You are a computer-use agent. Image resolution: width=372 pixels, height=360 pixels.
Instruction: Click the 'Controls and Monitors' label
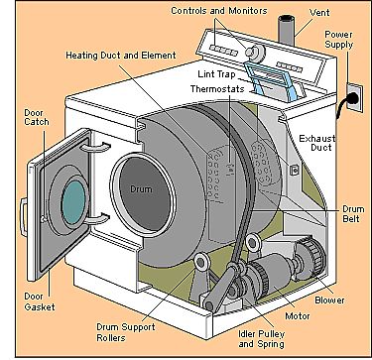coord(219,11)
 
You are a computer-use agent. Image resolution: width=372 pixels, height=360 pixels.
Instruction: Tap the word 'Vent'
coord(319,13)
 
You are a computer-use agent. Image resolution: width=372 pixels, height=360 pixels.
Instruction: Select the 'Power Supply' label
coord(338,40)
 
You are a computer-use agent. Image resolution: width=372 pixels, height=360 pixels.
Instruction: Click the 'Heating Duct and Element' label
coord(121,55)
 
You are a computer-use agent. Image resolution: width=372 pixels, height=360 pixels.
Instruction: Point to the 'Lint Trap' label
coord(216,74)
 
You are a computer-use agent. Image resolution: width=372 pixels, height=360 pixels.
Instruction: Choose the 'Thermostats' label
coord(217,89)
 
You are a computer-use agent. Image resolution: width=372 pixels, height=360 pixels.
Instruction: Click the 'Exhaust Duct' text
coord(317,143)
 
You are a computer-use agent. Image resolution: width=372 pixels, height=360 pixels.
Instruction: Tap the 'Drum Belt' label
coord(353,214)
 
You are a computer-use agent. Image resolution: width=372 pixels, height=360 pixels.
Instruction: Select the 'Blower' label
coord(329,300)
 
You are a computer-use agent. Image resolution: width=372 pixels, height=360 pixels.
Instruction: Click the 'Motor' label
coord(298,316)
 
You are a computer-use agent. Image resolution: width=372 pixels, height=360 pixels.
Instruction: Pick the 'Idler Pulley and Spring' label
coord(262,339)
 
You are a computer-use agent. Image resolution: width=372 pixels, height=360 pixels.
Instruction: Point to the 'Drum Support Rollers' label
coord(126,332)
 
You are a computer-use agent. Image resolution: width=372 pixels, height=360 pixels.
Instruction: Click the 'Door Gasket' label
coord(40,301)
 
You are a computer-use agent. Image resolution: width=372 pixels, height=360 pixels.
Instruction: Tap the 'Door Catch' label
coord(37,117)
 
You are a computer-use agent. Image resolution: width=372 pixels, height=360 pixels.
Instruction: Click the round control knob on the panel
coord(255,52)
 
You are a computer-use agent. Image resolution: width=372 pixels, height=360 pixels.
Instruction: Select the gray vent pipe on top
coord(286,30)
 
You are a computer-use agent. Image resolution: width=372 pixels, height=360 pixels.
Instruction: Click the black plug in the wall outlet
coord(352,98)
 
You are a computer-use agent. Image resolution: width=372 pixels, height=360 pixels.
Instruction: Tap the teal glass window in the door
coord(73,202)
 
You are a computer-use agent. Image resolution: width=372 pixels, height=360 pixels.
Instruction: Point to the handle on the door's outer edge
coord(23,217)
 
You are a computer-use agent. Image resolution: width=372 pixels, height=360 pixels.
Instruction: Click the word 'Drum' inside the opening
coord(141,189)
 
